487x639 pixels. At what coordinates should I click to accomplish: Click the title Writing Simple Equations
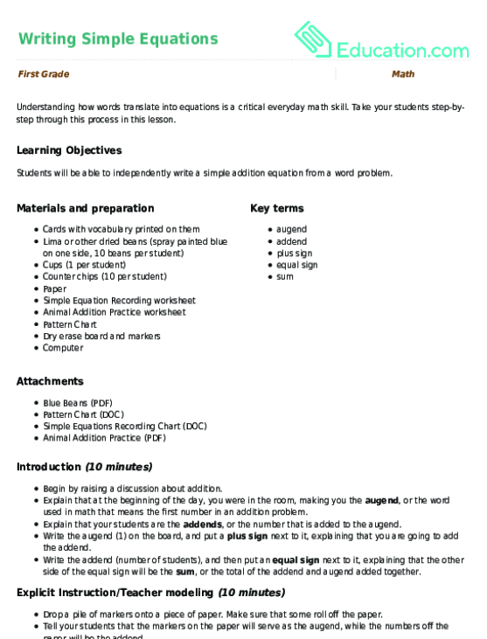(x=117, y=38)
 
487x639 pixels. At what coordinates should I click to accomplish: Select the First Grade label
(x=43, y=74)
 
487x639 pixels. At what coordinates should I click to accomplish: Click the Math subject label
(x=402, y=74)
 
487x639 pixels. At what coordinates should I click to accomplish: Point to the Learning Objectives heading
(x=69, y=150)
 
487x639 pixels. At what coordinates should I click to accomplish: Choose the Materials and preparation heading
(x=85, y=208)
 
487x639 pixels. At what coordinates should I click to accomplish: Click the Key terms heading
(x=276, y=208)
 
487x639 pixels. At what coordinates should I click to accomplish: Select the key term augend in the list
(x=291, y=229)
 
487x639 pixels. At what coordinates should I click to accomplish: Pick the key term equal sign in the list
(x=296, y=265)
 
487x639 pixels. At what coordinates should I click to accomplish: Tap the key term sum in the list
(x=284, y=276)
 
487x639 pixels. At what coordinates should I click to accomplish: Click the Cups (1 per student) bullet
(x=84, y=265)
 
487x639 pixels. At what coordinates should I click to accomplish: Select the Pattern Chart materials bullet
(x=70, y=324)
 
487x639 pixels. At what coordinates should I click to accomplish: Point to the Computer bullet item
(x=63, y=348)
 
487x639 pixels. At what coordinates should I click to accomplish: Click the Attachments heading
(x=50, y=381)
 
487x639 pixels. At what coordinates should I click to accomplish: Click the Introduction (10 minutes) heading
(x=84, y=467)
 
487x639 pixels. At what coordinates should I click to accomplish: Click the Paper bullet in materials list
(x=54, y=288)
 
